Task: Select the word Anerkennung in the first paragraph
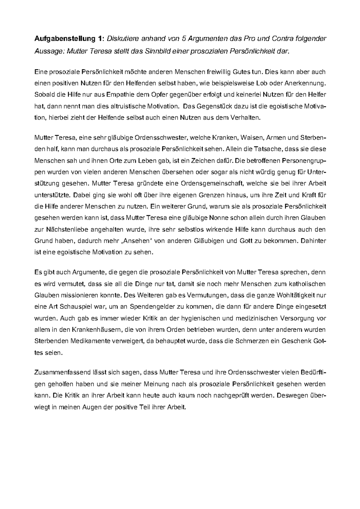tap(306, 83)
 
